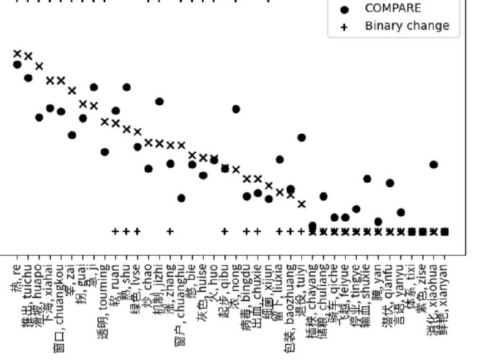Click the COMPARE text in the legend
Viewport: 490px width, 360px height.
(x=393, y=9)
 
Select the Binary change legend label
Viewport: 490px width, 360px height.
(x=406, y=26)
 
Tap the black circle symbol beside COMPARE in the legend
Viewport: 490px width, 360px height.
(x=344, y=9)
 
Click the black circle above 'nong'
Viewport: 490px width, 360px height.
(x=236, y=109)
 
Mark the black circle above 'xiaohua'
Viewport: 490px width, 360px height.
(x=433, y=165)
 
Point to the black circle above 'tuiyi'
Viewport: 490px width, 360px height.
(x=301, y=138)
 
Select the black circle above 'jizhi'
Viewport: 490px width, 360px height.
(x=159, y=102)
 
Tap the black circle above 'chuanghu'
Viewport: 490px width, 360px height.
(x=181, y=198)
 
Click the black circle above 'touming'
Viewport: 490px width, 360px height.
(x=104, y=152)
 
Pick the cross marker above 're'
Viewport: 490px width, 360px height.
(x=17, y=53)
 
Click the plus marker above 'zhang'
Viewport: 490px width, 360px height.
(x=170, y=232)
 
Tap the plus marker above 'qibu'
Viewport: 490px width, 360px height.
(x=225, y=232)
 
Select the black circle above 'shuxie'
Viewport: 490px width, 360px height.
(x=367, y=179)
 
